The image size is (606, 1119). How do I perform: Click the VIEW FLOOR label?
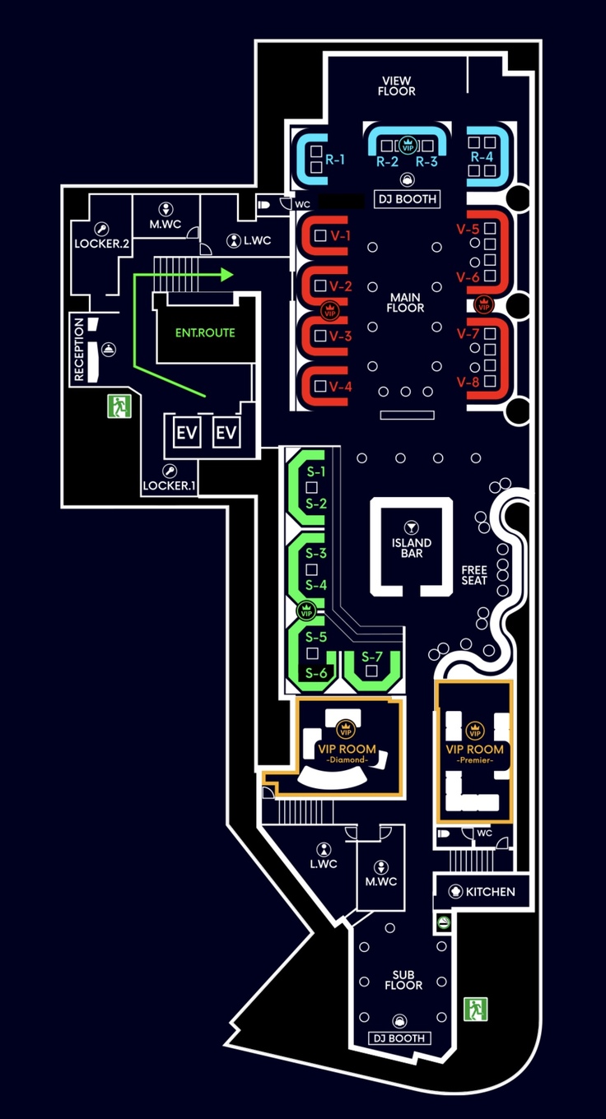(x=396, y=86)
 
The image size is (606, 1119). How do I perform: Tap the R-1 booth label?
(x=334, y=160)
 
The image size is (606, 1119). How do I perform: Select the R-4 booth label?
(x=482, y=156)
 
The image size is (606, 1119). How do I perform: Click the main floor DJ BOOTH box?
(x=405, y=199)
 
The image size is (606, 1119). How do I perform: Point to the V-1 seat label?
(x=340, y=236)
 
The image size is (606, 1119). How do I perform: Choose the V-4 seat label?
(x=340, y=387)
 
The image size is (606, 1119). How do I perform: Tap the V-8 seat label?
(x=468, y=382)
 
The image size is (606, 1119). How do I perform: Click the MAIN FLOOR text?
(x=405, y=302)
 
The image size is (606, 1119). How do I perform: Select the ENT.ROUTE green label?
(x=205, y=333)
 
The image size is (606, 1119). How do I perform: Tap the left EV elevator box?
(x=187, y=433)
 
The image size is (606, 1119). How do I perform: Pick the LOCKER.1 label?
(x=170, y=485)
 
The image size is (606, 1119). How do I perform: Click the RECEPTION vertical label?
(x=80, y=349)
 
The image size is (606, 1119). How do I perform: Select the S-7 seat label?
(x=372, y=657)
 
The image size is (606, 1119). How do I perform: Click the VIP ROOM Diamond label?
(x=347, y=753)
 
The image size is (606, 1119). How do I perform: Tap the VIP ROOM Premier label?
(x=474, y=753)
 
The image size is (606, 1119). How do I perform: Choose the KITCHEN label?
(x=490, y=892)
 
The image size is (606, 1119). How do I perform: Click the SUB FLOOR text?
(x=403, y=980)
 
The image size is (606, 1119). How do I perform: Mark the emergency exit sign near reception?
(x=119, y=406)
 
